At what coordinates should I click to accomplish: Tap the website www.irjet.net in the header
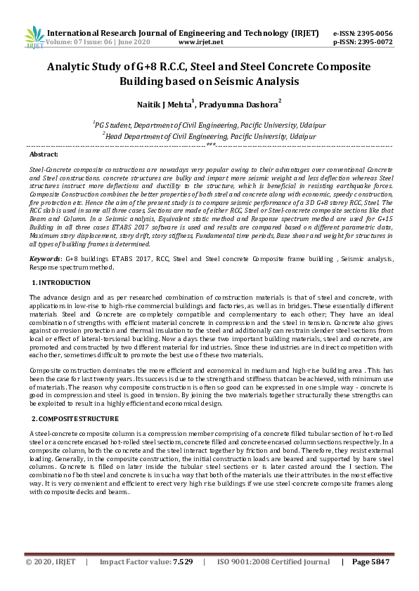coord(201,42)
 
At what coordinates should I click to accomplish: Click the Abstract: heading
coord(44,153)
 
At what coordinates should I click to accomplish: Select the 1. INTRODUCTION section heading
coord(62,282)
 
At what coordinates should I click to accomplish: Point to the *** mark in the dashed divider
coord(209,145)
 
